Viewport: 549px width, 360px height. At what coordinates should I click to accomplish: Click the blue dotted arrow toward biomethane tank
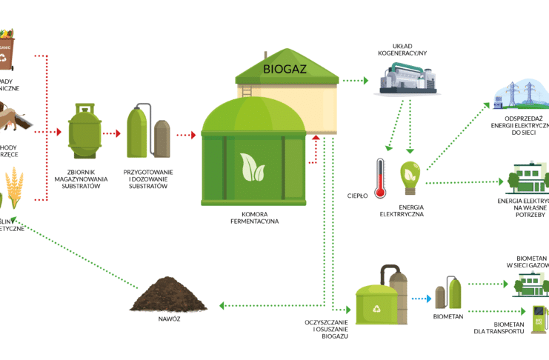click(421, 299)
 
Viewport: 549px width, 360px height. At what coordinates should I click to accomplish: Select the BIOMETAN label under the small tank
click(447, 316)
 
